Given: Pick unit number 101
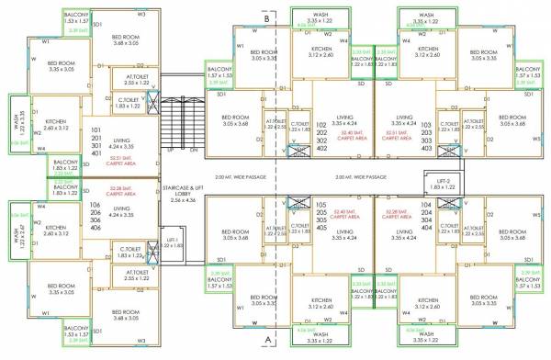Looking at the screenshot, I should coord(97,133).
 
